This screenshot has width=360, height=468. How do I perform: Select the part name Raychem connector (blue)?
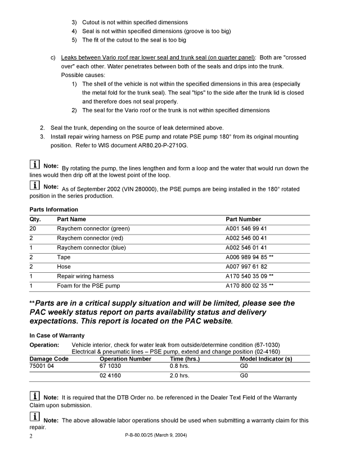pos(92,247)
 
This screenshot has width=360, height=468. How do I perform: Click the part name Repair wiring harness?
pos(85,276)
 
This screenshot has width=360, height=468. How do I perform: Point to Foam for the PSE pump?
pos(88,286)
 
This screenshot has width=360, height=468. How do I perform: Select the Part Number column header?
pos(243,219)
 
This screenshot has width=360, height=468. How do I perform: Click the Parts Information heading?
pos(53,210)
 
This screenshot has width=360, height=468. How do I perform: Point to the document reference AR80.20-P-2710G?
pos(161,145)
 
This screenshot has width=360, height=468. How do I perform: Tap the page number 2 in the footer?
pos(31,435)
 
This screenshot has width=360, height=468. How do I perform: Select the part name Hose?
pos(64,267)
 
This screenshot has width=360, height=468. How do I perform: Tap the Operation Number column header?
pos(125,358)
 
